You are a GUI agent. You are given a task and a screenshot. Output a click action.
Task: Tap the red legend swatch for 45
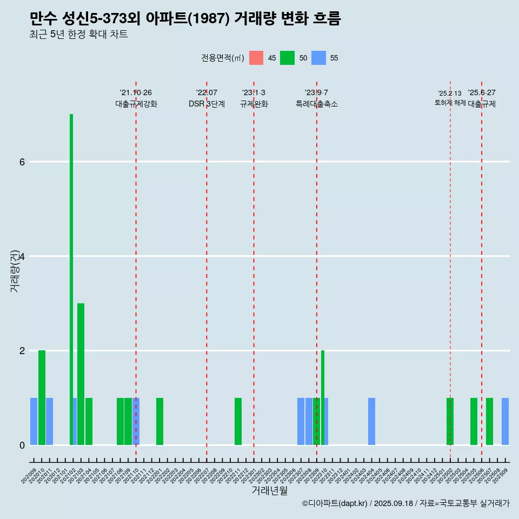tap(256, 58)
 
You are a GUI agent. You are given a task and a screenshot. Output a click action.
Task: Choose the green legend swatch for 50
tap(287, 58)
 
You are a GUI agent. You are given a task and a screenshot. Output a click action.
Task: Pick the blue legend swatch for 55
tap(319, 58)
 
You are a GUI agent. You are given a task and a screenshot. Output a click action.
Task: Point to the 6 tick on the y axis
tap(22, 162)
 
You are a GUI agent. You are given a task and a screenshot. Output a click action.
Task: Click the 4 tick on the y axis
tap(22, 256)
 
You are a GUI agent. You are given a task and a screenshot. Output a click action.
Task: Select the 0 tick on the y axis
tap(22, 445)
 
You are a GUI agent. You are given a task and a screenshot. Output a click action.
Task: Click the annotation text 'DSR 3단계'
tap(207, 104)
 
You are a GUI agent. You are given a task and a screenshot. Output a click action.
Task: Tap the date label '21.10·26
tap(136, 93)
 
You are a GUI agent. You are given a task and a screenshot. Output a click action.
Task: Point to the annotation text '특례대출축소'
tap(316, 104)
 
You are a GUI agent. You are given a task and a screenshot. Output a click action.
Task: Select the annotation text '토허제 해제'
tap(450, 103)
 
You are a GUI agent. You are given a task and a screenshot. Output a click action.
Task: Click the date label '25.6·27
tap(482, 93)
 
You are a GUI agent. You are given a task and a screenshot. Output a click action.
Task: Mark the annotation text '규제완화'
tap(254, 104)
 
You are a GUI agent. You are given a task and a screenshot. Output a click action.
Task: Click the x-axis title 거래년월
tap(270, 491)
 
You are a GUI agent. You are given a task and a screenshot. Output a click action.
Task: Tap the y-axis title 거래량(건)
tap(15, 270)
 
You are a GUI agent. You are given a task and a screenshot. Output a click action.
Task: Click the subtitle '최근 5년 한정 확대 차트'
tap(79, 35)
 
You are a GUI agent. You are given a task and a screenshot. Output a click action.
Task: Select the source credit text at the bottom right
tap(406, 503)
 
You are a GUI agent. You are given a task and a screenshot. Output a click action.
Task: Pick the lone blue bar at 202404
tap(371, 422)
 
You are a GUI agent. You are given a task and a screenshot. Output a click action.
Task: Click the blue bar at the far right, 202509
tap(505, 422)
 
